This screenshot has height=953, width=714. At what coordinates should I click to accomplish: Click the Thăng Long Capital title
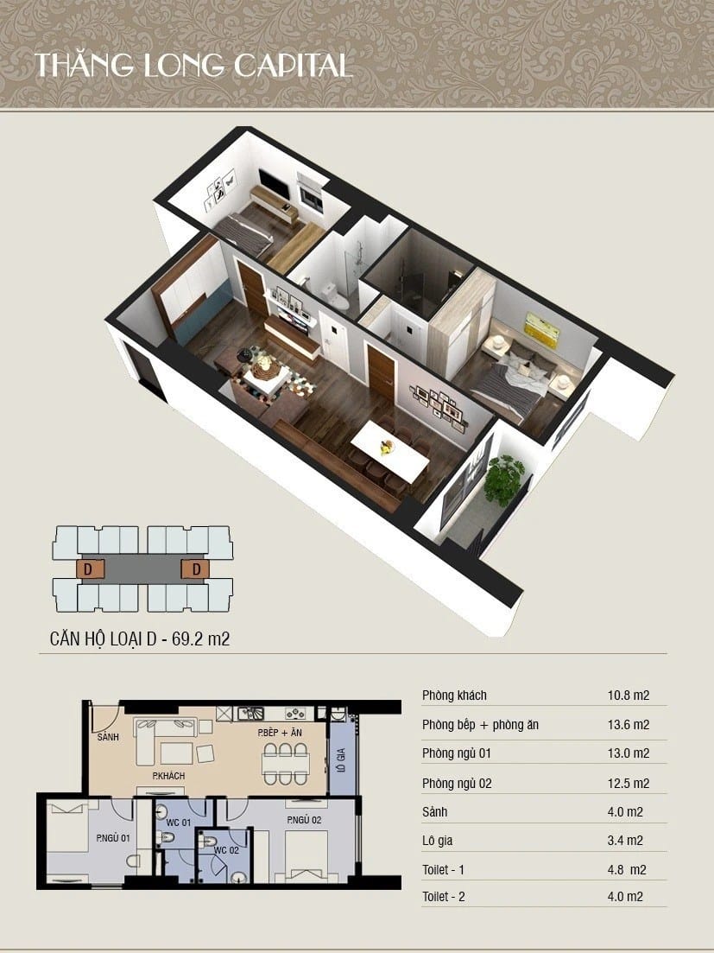click(x=193, y=66)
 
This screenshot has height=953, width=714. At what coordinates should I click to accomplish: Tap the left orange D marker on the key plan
click(x=90, y=570)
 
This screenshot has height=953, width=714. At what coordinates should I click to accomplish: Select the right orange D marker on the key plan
click(x=195, y=570)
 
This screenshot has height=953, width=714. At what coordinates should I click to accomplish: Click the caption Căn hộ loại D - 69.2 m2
click(x=140, y=639)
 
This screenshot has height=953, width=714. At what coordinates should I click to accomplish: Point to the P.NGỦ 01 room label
click(x=113, y=838)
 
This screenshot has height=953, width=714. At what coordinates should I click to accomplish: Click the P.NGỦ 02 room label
click(x=304, y=820)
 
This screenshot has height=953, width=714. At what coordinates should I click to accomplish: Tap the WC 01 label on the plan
click(x=179, y=823)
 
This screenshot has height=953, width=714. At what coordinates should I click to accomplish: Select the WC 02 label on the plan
click(x=226, y=850)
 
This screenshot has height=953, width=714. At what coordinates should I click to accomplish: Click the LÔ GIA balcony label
click(x=341, y=759)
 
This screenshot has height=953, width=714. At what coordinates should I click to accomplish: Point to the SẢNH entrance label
click(x=108, y=737)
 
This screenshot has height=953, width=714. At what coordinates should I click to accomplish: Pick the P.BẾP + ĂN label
click(x=280, y=733)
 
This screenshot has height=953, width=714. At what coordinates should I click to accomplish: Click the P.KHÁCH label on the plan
click(x=168, y=776)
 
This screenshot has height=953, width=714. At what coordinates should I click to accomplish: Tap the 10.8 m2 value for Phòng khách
click(x=629, y=696)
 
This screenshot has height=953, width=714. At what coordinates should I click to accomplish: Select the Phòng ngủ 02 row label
click(x=458, y=784)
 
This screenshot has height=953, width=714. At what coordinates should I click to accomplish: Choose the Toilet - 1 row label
click(x=443, y=870)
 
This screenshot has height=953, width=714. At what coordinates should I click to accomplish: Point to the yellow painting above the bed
click(x=542, y=330)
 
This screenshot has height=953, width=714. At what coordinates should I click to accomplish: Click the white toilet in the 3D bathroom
click(x=335, y=296)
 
